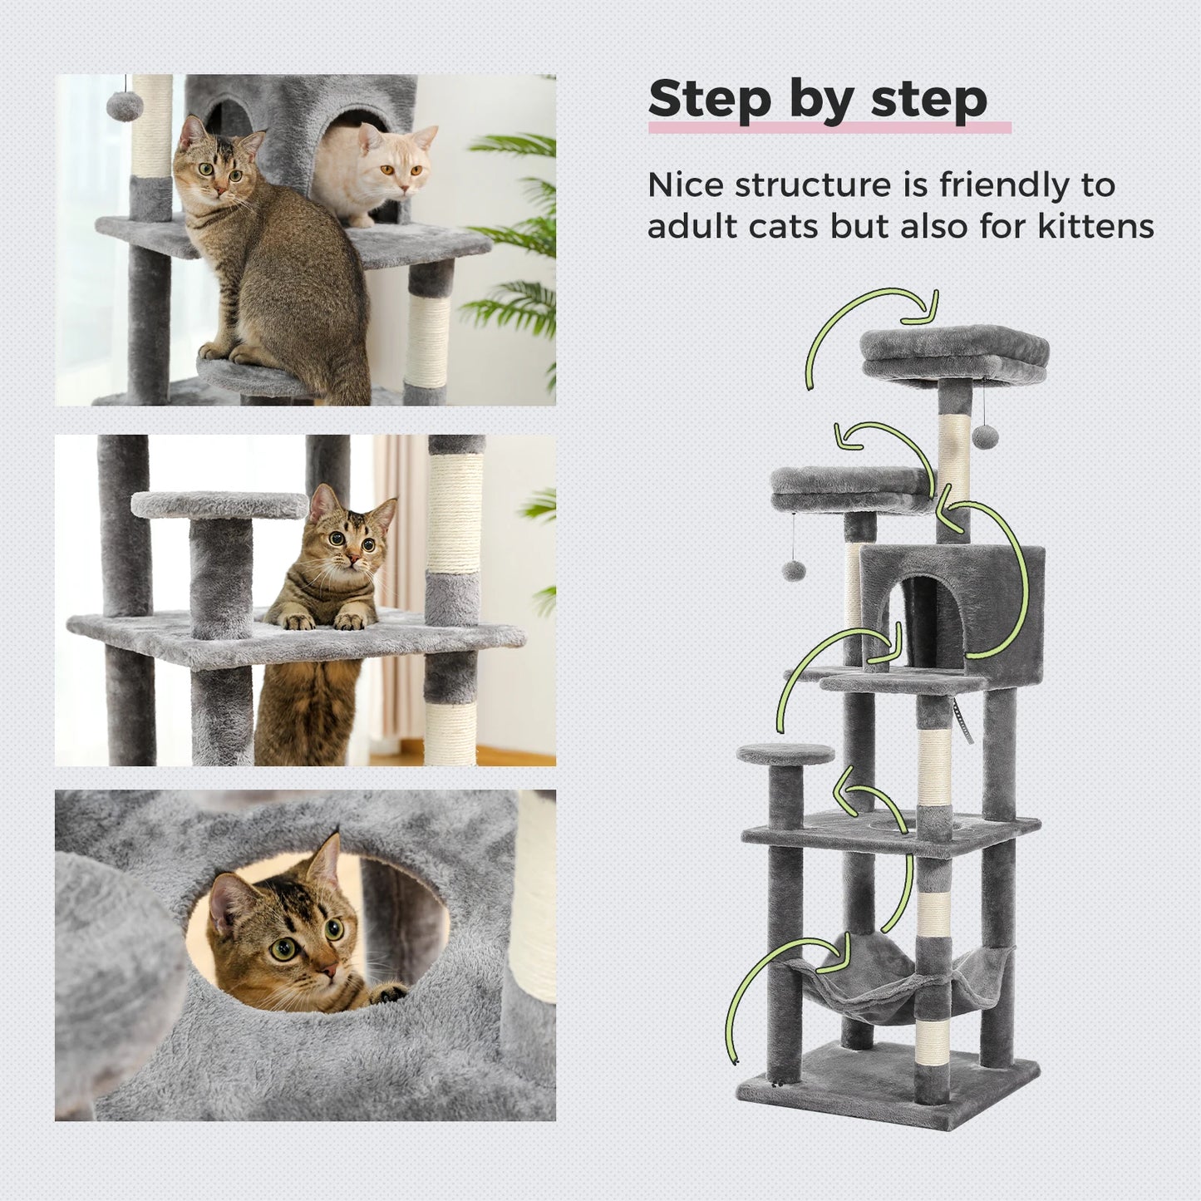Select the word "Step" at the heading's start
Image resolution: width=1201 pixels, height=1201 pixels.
710,100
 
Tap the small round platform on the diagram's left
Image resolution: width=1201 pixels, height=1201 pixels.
785,755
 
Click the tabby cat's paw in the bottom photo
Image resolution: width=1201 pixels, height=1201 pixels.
389,991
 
